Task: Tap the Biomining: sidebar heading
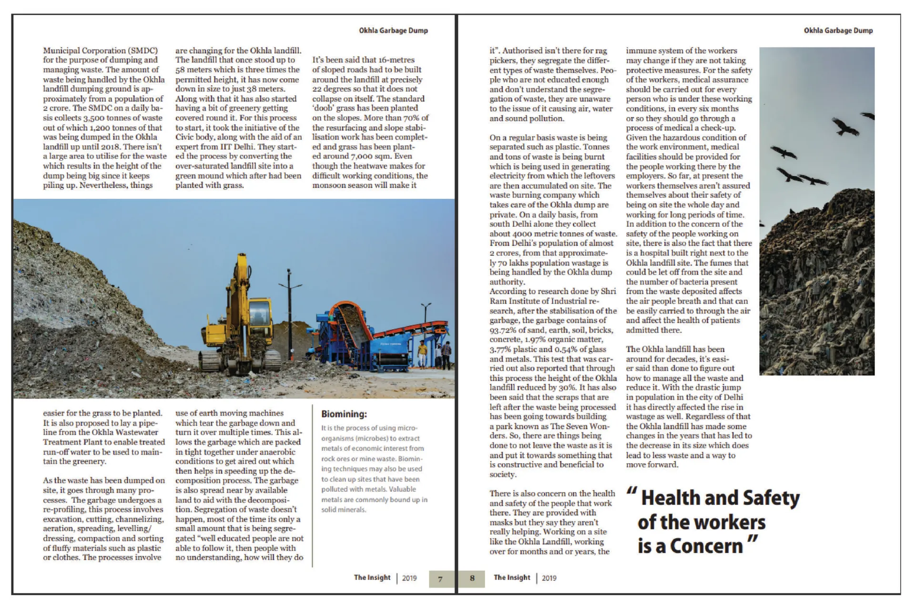pyautogui.click(x=344, y=414)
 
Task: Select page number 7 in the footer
pyautogui.click(x=440, y=579)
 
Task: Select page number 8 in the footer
pyautogui.click(x=472, y=578)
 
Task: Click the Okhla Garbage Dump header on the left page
pyautogui.click(x=393, y=30)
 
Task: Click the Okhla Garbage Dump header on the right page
pyautogui.click(x=838, y=30)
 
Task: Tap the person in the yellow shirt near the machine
pyautogui.click(x=422, y=353)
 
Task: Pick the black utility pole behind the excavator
pyautogui.click(x=289, y=305)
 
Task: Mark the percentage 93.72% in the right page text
pyautogui.click(x=506, y=330)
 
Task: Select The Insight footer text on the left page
pyautogui.click(x=372, y=578)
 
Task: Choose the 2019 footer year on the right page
pyautogui.click(x=549, y=578)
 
